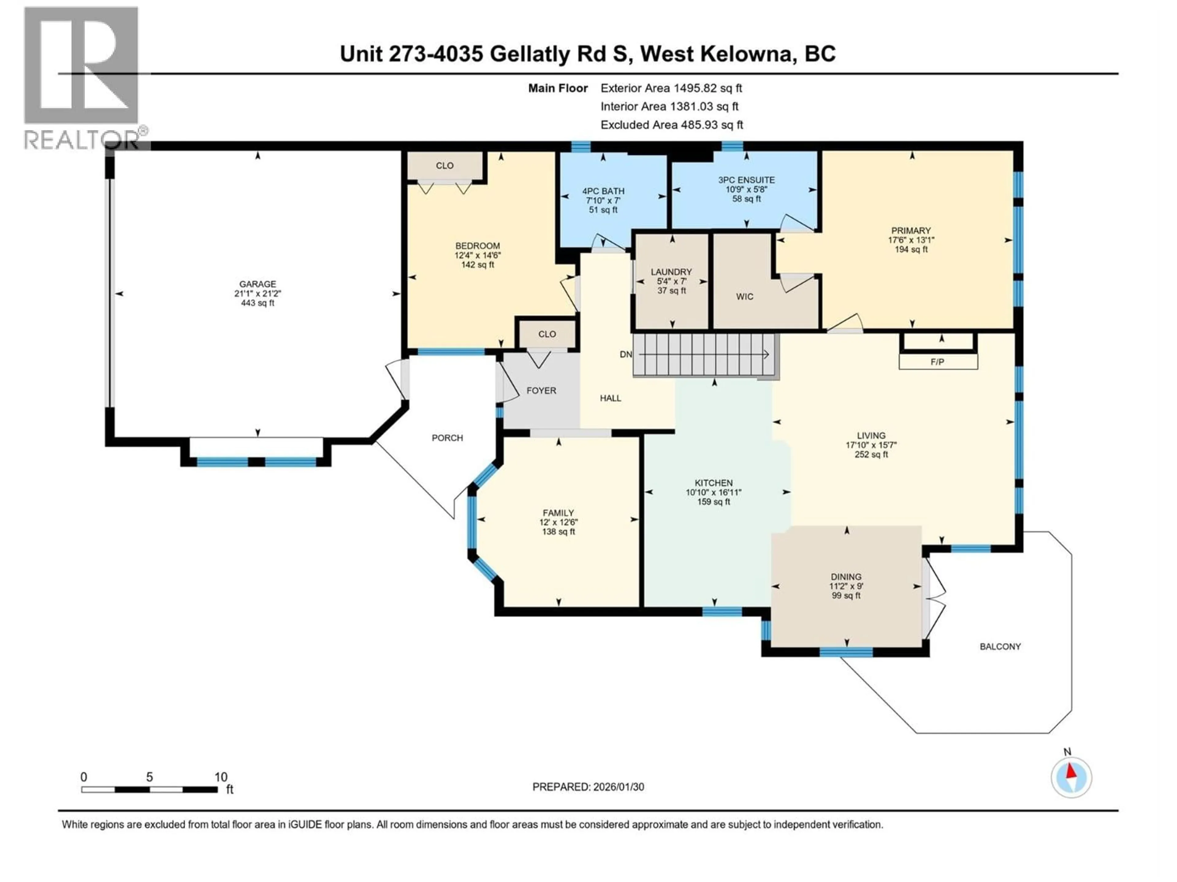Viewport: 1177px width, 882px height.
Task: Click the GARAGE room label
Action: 257,284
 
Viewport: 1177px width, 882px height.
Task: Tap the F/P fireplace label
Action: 938,362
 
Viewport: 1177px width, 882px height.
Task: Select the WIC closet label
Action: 745,297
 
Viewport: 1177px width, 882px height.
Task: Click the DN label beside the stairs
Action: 626,354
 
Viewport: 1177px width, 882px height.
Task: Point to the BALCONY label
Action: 1000,646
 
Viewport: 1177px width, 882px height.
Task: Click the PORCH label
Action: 447,438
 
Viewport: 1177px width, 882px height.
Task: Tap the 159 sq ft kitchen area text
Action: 714,501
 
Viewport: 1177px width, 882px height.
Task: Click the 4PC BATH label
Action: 603,191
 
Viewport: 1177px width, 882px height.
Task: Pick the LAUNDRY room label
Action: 672,272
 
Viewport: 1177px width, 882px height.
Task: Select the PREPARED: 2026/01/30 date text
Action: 588,787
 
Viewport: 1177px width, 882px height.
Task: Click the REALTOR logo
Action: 82,77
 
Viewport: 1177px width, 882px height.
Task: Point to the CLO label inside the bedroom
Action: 444,165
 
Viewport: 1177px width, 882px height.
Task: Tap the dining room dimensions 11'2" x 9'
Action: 846,586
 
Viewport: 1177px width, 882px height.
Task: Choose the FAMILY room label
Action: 558,512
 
